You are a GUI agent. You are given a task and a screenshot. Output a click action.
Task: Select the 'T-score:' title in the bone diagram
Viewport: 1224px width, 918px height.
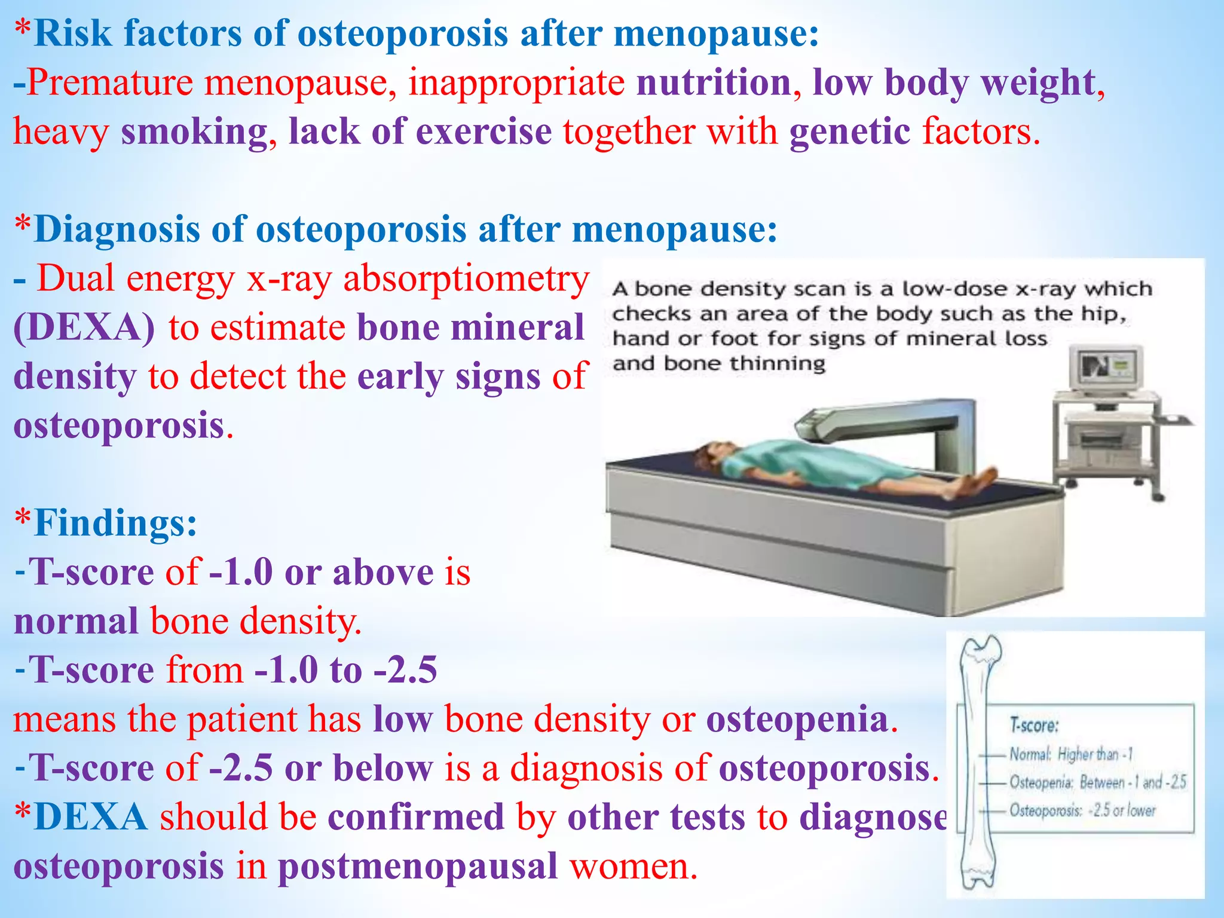pyautogui.click(x=1034, y=726)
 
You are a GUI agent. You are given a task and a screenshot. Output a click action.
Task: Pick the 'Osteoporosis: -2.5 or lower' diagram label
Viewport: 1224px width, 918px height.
pyautogui.click(x=1082, y=810)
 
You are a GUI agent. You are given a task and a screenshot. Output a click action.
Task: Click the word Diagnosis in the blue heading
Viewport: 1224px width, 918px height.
pyautogui.click(x=117, y=229)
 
